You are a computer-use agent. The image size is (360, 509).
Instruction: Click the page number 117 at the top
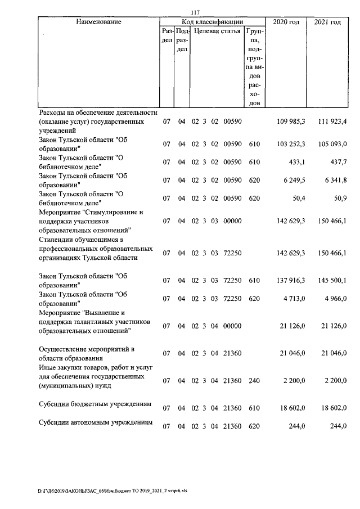195,13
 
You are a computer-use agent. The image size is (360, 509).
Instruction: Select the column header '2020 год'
286,22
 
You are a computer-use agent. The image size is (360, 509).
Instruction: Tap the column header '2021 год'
327,22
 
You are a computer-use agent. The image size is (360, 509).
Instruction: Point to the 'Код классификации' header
211,22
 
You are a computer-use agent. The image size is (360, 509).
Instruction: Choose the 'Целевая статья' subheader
217,31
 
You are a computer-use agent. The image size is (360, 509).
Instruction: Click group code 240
254,381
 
